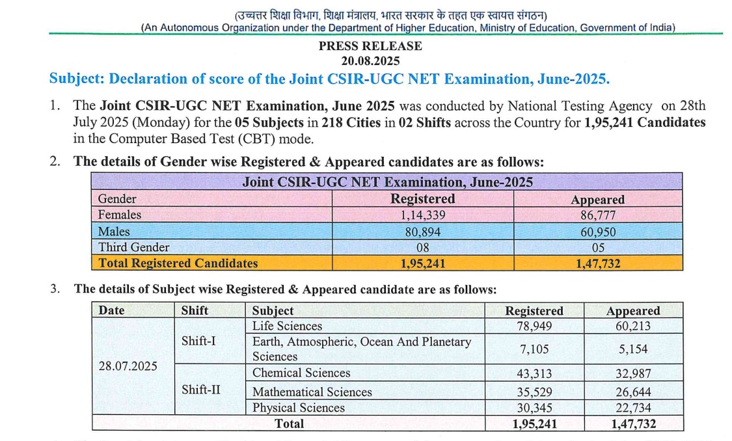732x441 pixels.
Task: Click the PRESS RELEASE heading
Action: coord(370,46)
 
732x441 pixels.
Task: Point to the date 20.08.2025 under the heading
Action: coord(370,60)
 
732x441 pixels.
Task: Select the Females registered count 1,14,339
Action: coord(422,215)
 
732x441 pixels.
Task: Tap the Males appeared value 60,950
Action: coord(597,232)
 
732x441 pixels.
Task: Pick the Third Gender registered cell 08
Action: coord(422,247)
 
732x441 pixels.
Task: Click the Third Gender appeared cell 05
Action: coord(597,247)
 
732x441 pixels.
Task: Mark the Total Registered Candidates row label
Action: coord(178,263)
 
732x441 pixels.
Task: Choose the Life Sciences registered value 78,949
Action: coord(534,326)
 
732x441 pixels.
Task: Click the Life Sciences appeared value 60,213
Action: coord(633,326)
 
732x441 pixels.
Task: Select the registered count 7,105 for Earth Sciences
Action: coord(534,349)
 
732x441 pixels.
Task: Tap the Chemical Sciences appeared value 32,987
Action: coord(633,373)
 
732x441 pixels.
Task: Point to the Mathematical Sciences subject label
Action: coord(312,392)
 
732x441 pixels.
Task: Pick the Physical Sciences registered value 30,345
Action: coord(534,408)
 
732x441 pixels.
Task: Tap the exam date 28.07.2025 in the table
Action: coord(128,366)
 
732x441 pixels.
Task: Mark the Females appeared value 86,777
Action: coord(597,215)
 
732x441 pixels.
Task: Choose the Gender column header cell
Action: coord(117,199)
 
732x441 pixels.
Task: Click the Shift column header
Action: coord(195,311)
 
